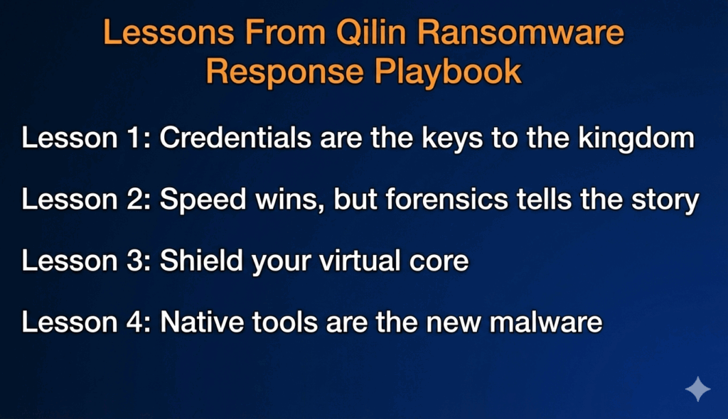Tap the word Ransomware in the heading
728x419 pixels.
point(520,32)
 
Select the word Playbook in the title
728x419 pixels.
point(448,72)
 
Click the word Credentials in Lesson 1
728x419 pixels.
point(235,138)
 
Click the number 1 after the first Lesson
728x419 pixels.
point(134,138)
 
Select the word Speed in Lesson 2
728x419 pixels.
point(203,200)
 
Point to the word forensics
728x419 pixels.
point(446,199)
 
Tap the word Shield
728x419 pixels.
point(201,261)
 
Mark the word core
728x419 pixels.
point(439,263)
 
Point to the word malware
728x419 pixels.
point(546,322)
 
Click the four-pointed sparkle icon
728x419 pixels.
point(698,389)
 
